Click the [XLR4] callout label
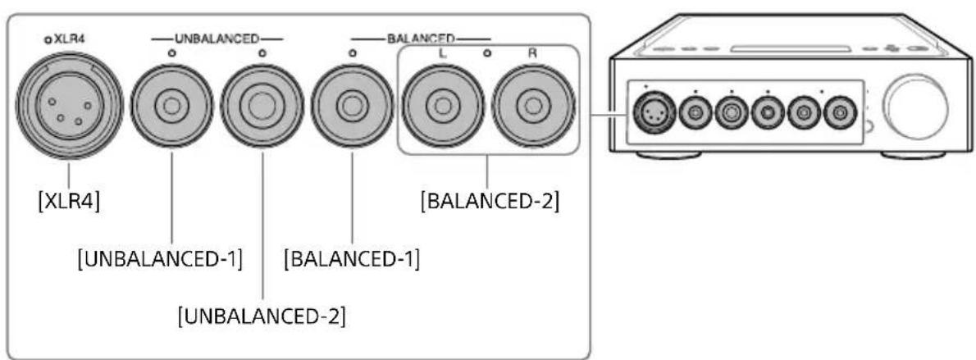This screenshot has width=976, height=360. [70, 201]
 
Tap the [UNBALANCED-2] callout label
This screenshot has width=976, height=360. [262, 315]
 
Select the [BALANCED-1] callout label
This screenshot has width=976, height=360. [352, 263]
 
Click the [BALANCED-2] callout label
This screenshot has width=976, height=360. [489, 201]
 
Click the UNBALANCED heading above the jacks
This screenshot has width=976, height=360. [216, 39]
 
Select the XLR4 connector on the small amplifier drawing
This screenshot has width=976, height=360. [652, 113]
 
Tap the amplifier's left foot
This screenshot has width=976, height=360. [668, 153]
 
